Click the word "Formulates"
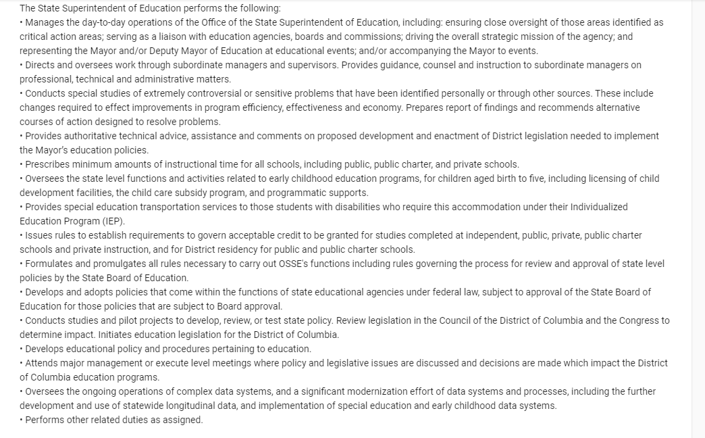point(49,264)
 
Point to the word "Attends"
point(42,363)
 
